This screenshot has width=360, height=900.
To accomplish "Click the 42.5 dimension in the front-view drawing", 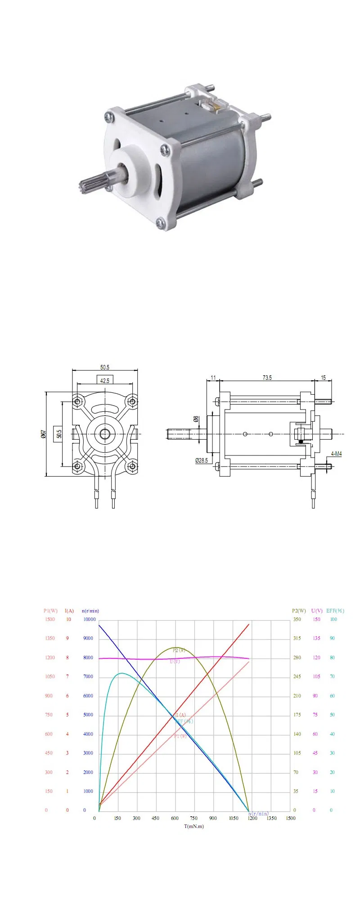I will point(105,381).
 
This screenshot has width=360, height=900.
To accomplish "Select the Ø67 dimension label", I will point(43,434).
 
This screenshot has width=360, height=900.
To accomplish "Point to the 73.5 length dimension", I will point(267,378).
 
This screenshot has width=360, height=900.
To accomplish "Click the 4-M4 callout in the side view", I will point(336,454).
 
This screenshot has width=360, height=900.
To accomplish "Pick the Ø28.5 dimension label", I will point(201,460).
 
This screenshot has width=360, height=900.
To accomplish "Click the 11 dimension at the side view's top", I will point(213,378).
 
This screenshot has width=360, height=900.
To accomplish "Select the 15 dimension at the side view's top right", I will point(323,378).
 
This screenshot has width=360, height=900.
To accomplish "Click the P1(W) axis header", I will point(50,611).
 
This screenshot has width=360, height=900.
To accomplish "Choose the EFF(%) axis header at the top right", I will point(335,611).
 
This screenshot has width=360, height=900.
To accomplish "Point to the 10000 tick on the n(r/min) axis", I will point(90,619).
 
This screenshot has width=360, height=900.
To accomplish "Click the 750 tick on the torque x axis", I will point(193,818).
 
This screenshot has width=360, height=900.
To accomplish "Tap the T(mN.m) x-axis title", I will point(194,826).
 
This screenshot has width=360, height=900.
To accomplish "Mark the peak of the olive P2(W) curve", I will point(175,648).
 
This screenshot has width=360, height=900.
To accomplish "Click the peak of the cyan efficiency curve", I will point(121,673).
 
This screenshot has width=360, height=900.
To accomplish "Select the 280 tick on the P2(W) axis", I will point(297,657).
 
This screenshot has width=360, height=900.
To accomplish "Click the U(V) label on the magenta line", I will point(175,661).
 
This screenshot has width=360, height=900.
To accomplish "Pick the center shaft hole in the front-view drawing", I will point(105,434).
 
